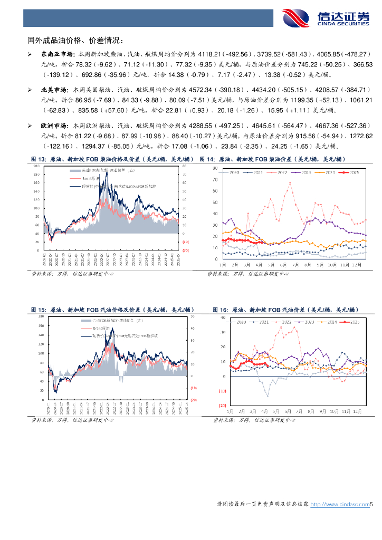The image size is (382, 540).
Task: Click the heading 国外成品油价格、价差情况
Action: [x=75, y=40]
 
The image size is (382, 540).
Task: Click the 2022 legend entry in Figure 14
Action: [x=280, y=172]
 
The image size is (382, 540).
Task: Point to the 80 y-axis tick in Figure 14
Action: [x=216, y=168]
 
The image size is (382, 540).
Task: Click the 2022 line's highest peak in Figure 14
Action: [x=290, y=183]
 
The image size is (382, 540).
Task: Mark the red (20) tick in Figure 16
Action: [x=222, y=406]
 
